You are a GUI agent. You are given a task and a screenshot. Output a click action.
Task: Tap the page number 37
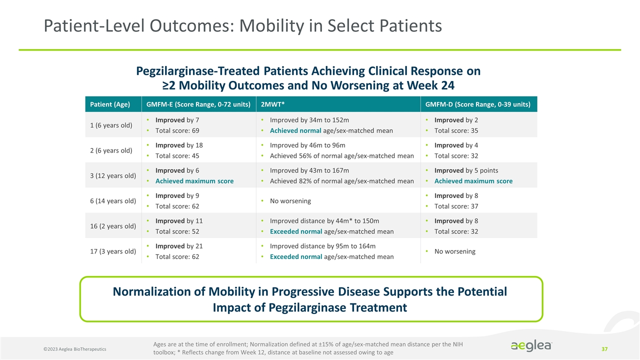(x=604, y=348)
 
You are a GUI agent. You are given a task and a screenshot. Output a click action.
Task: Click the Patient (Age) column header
(x=110, y=104)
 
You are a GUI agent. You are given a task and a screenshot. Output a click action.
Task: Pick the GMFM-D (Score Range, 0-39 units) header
(x=478, y=104)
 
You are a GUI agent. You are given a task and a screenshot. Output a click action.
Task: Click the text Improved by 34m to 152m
(x=309, y=120)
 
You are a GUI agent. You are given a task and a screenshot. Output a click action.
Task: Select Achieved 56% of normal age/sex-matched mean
(x=341, y=155)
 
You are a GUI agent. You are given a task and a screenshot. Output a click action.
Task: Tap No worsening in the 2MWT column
(x=290, y=200)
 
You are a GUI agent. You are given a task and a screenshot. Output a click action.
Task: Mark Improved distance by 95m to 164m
(x=322, y=246)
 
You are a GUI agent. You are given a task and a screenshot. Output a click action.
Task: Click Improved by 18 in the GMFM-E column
(x=179, y=145)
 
